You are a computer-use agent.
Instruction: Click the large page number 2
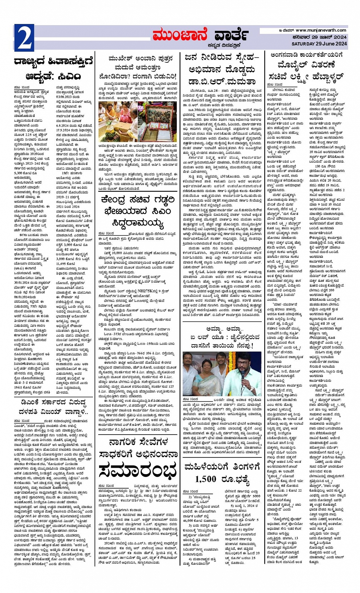[24, 38]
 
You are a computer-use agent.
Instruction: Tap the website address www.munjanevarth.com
[321, 30]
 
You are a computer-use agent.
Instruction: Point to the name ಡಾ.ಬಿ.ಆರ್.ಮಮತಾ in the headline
[220, 81]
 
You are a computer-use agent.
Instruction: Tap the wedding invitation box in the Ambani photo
[158, 124]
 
